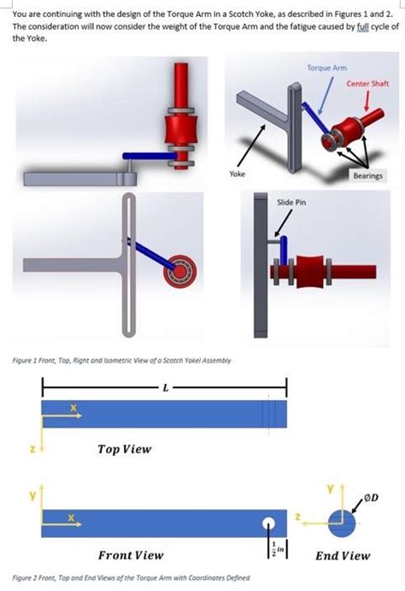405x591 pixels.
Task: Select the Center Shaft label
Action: click(x=367, y=83)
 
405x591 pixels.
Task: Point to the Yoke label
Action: click(x=238, y=174)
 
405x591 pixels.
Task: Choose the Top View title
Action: click(x=124, y=447)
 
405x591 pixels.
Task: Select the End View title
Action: click(x=343, y=555)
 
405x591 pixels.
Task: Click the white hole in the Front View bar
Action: click(x=270, y=523)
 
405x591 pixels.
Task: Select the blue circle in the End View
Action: click(x=339, y=523)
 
